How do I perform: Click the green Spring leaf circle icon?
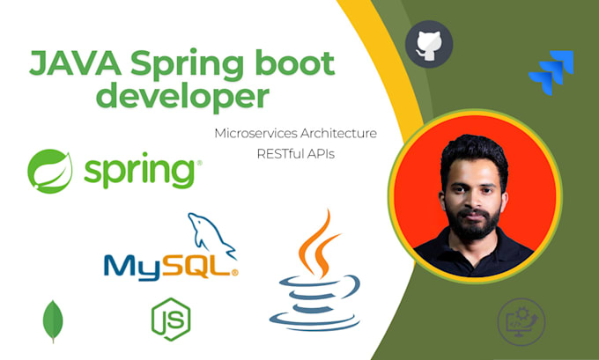click(50, 170)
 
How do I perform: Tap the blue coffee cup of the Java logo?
click(319, 304)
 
